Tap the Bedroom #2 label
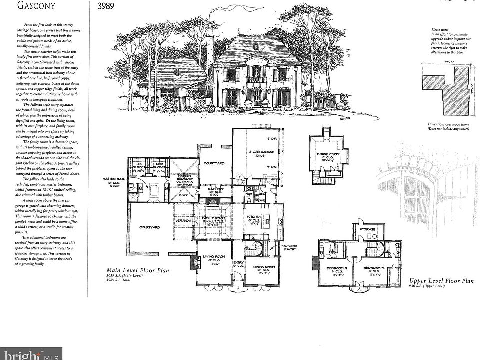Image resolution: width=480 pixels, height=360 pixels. (337, 268)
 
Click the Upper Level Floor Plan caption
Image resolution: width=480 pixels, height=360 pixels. (441, 281)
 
